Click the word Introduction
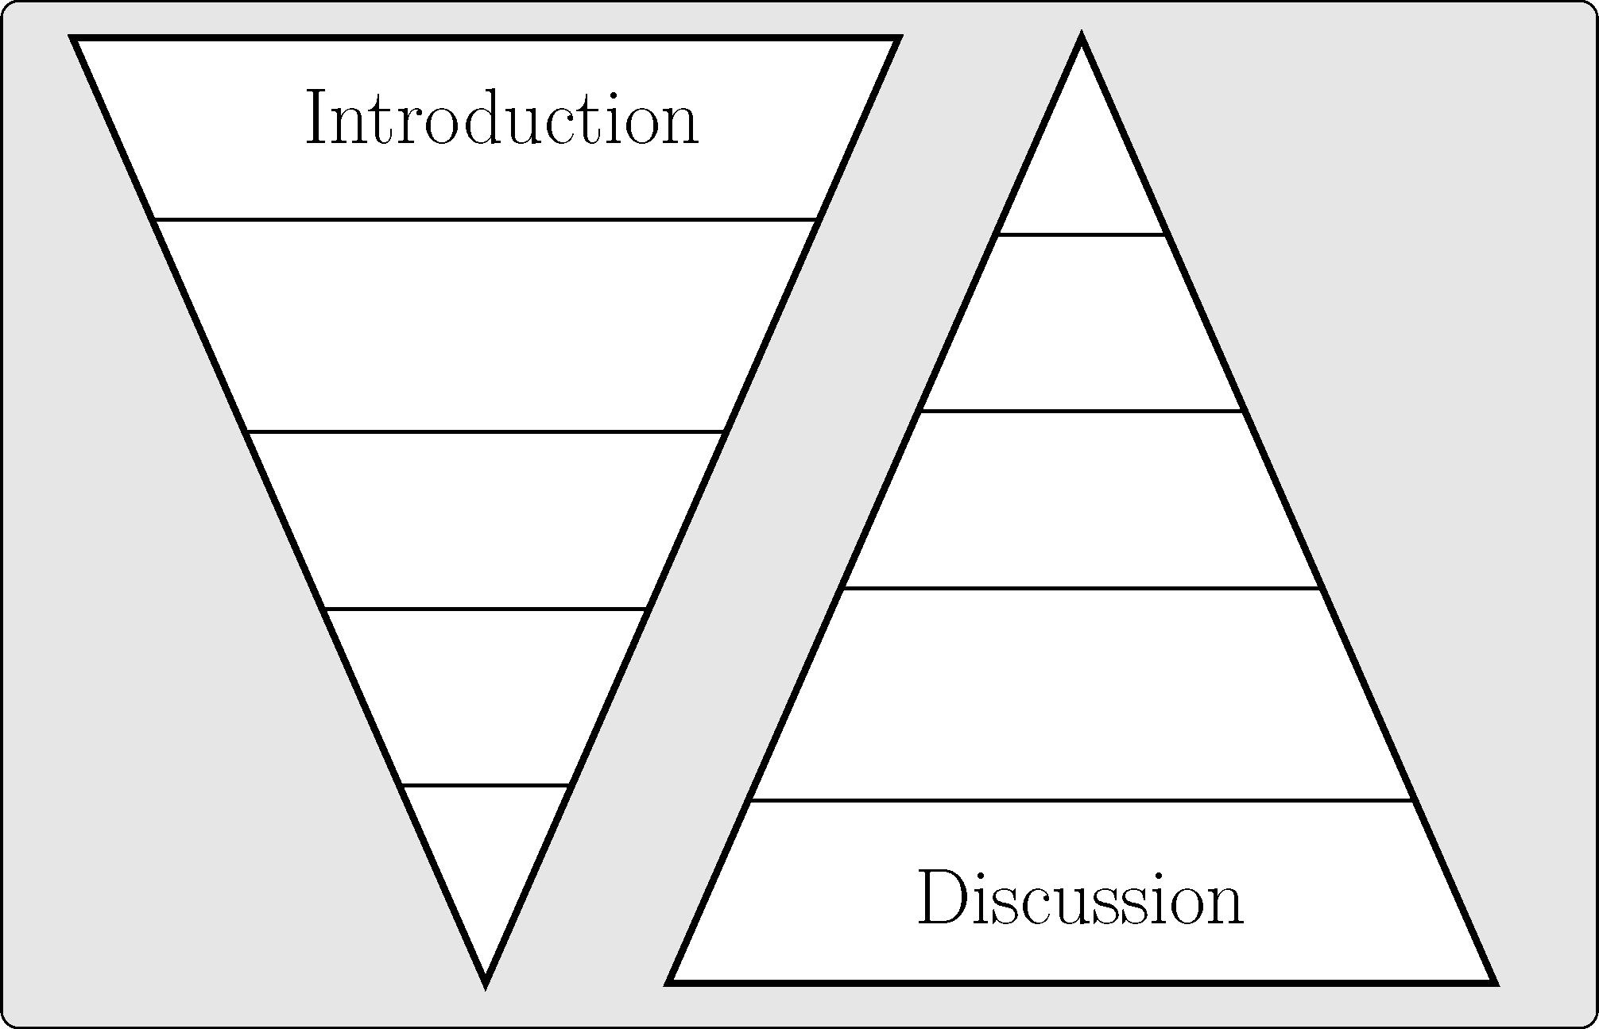tap(501, 119)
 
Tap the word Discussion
tap(1081, 899)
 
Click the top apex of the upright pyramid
tap(1082, 38)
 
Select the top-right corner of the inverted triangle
tap(898, 38)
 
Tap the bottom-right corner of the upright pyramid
tap(1493, 981)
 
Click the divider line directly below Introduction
tap(486, 219)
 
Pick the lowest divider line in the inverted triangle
tap(486, 786)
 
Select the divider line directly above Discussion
tap(1082, 801)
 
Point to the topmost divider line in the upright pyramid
tap(1082, 234)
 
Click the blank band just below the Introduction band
tap(486, 326)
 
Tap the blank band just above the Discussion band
tap(1082, 695)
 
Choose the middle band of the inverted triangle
tap(486, 520)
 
